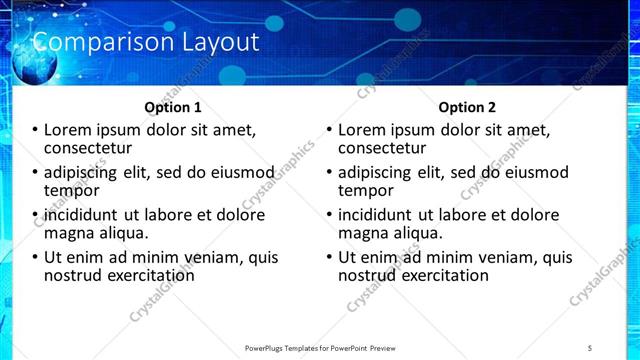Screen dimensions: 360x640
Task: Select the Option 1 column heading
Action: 173,106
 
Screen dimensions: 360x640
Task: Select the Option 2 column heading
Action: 467,106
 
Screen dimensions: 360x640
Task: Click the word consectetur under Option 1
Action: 90,149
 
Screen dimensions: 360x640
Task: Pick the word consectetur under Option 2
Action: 384,149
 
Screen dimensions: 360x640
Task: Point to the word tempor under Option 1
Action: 70,191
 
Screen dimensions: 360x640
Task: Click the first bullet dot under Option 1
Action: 36,131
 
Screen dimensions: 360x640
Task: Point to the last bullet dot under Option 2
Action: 330,257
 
